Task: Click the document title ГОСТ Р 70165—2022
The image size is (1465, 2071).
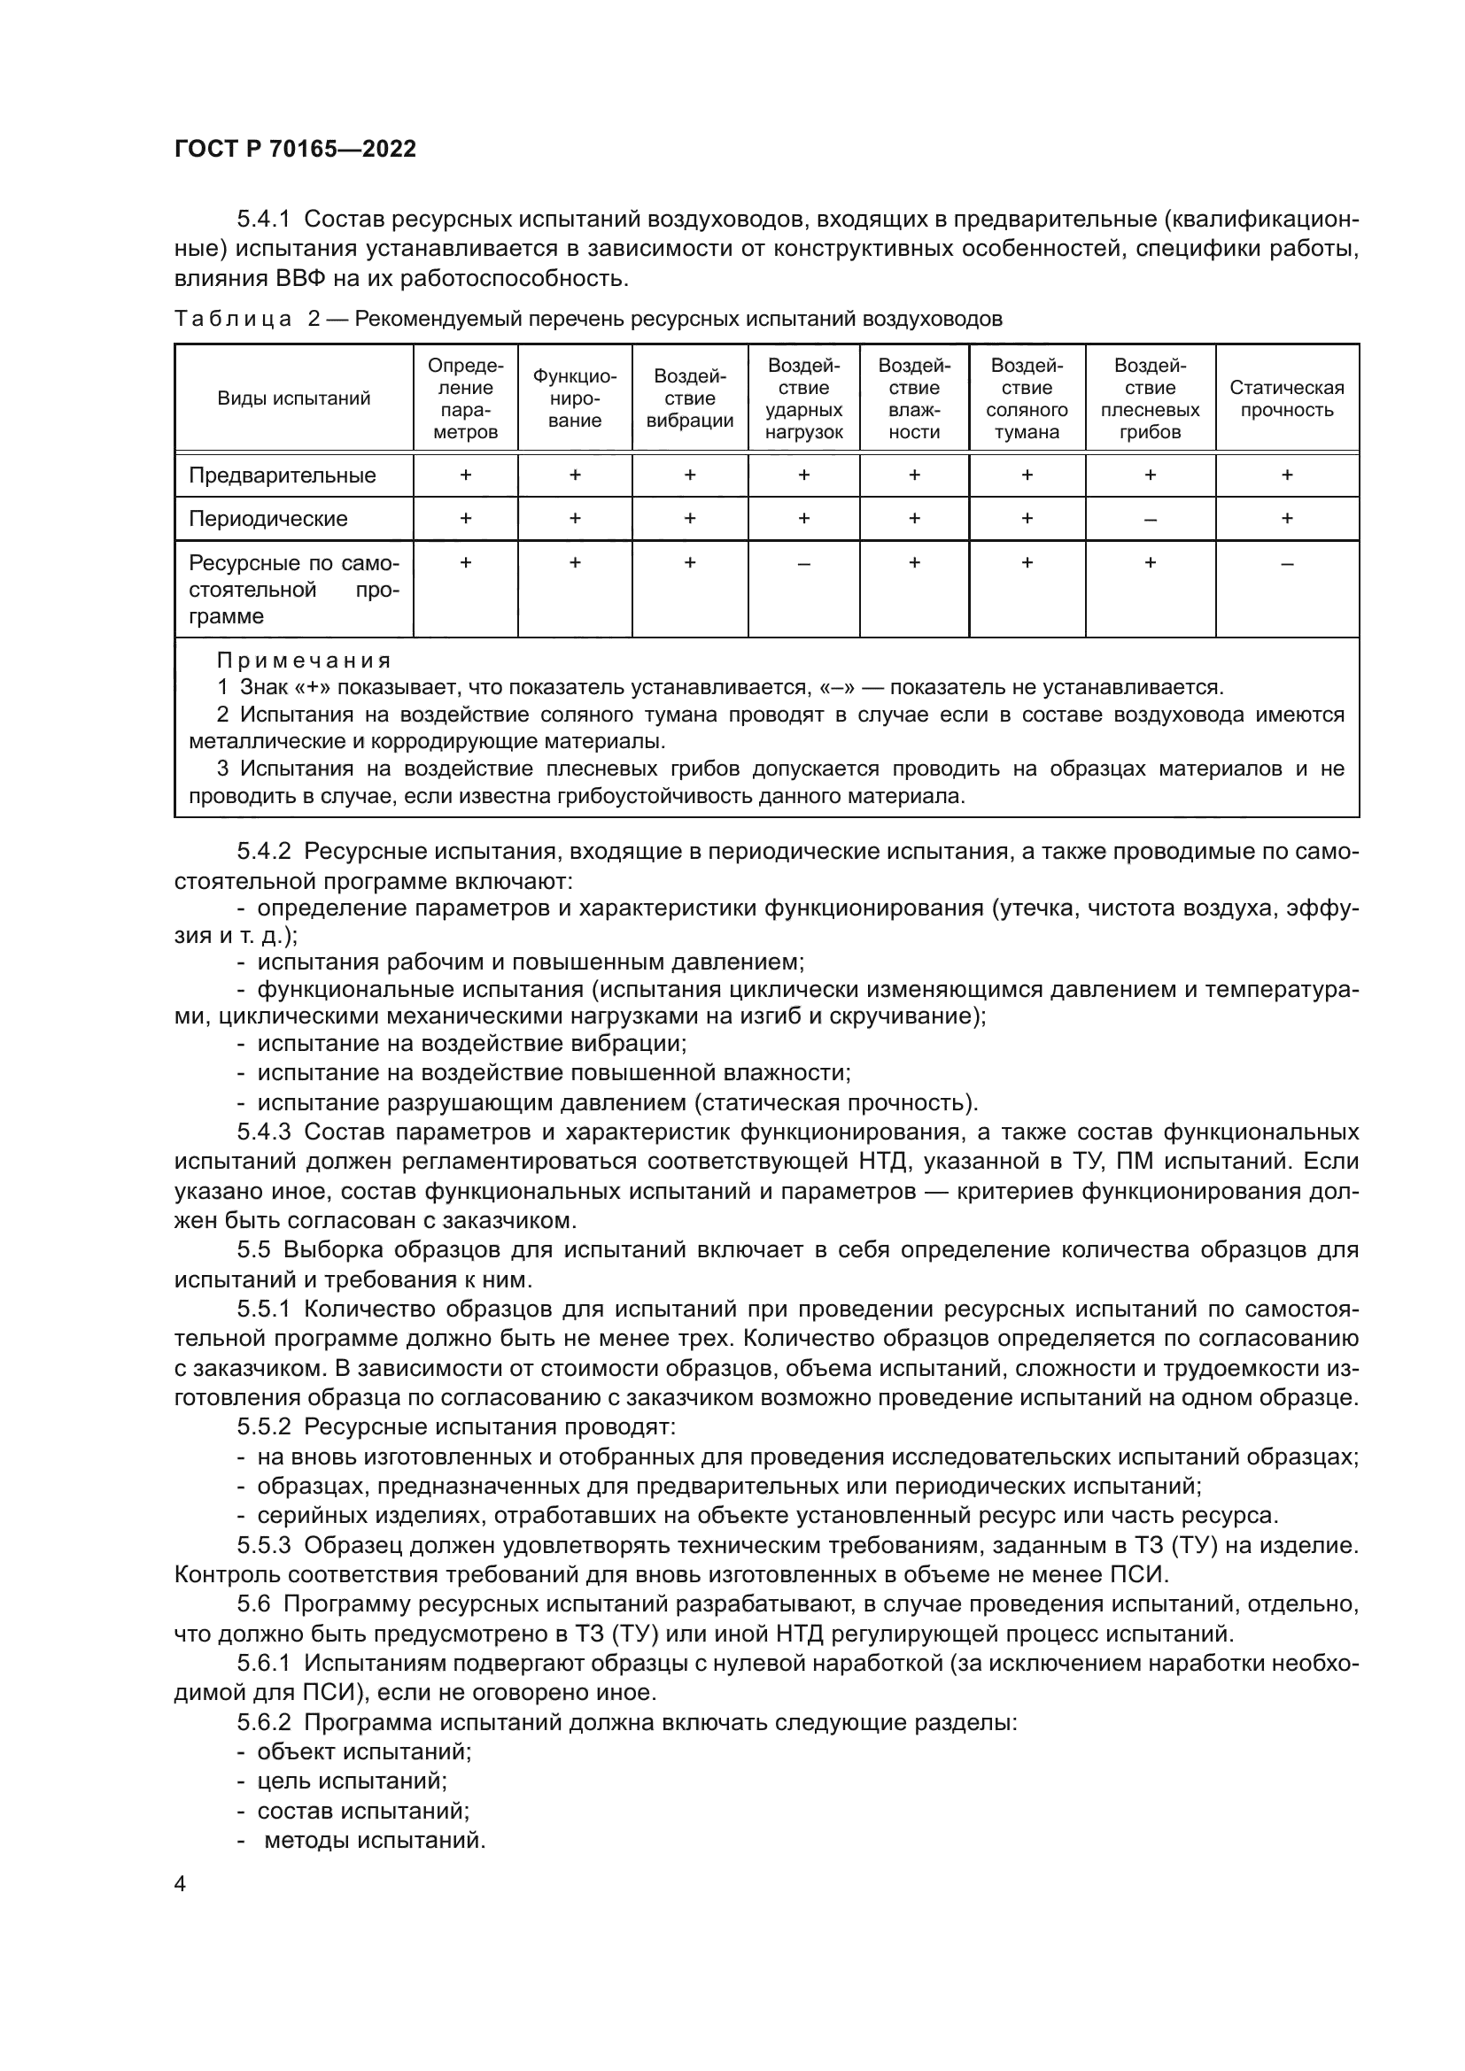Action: (x=295, y=150)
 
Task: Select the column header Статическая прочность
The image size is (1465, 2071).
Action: (x=1286, y=398)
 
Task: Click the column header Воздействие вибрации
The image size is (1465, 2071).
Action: (x=689, y=398)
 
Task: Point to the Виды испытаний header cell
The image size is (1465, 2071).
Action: (x=293, y=398)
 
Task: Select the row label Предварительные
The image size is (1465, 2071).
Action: (x=282, y=475)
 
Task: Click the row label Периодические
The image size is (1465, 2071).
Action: (x=267, y=519)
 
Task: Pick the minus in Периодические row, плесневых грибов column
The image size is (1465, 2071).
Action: (x=1151, y=520)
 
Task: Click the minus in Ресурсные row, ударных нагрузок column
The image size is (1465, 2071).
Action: (x=802, y=564)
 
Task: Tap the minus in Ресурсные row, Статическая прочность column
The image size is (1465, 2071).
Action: (x=1286, y=564)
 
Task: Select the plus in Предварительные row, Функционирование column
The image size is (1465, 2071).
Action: (x=575, y=475)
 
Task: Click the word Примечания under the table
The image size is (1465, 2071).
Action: (x=304, y=661)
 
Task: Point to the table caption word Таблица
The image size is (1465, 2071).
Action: (x=233, y=320)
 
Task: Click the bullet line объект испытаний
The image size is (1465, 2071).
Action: (x=363, y=1751)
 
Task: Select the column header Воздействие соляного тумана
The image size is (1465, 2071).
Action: (x=1027, y=398)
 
